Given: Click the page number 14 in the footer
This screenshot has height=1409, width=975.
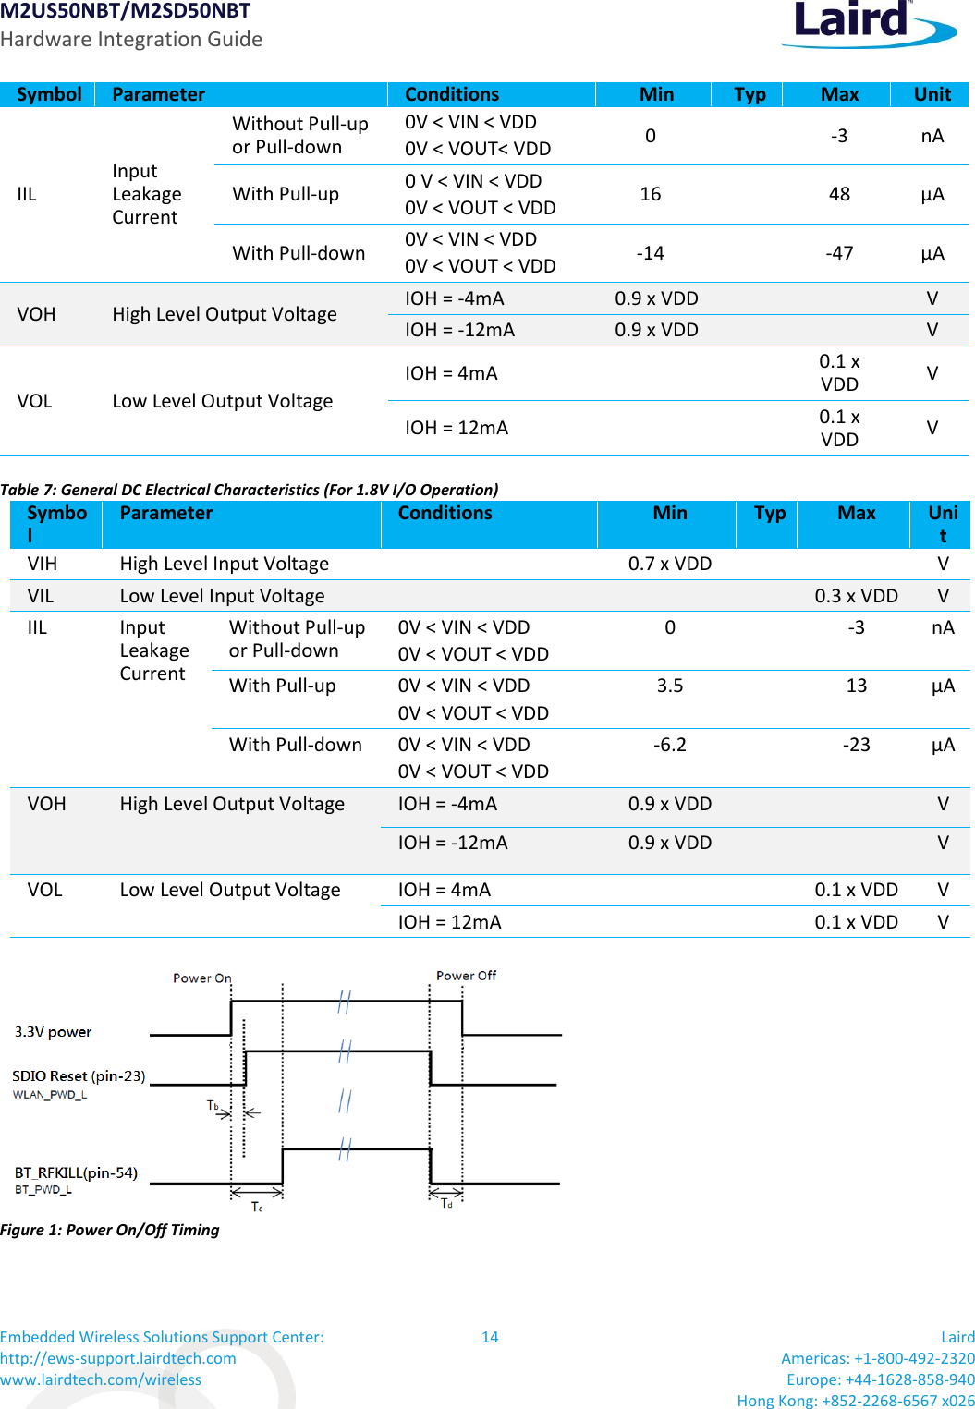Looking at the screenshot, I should [x=490, y=1337].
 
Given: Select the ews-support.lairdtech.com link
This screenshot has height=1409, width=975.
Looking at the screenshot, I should [x=118, y=1358].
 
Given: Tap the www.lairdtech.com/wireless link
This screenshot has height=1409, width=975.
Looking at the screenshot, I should [x=101, y=1379].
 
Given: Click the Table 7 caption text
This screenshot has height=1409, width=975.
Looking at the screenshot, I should [x=250, y=490].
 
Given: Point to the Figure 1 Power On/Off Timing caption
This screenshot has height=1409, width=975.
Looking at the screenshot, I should [x=110, y=1230].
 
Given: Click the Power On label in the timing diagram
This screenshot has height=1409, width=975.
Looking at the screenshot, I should [x=202, y=978].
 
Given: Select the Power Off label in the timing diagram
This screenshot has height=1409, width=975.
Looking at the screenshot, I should [x=466, y=976].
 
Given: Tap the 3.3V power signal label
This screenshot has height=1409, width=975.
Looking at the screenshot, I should [x=54, y=1032].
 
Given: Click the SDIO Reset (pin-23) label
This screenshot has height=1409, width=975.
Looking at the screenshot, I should [x=79, y=1076].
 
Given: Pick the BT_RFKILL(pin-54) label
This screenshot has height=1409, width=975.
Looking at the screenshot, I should [x=76, y=1173].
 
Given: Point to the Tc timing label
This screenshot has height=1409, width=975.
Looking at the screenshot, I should [x=257, y=1207].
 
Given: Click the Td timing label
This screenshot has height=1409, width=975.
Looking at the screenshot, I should [x=446, y=1203].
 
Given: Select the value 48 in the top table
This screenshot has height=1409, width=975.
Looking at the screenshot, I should [x=839, y=194].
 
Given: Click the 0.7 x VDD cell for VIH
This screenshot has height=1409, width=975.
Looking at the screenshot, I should [x=670, y=564].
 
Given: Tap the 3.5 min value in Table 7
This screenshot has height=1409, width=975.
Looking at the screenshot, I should [x=670, y=686].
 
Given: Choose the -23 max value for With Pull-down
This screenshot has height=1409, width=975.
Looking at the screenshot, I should [x=857, y=745].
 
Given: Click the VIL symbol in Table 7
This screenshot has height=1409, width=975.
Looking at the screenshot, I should [x=41, y=596].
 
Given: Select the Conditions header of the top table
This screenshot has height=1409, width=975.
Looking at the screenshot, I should [x=452, y=94].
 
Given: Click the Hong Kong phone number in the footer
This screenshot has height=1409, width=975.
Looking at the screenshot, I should [x=856, y=1401].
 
